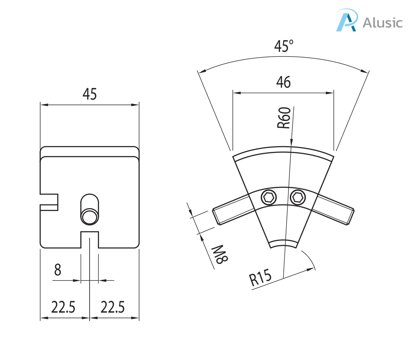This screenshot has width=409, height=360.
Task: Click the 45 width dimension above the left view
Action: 90,94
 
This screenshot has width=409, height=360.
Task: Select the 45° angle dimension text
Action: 284,46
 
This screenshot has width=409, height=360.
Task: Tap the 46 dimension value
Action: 283,82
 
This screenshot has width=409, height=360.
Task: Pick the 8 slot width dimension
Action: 58,270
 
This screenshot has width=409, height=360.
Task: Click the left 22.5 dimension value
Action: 63,307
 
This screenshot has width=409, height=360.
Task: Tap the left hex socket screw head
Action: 268,197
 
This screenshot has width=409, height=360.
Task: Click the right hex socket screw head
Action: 297,197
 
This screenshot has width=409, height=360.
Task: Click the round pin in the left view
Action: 89,217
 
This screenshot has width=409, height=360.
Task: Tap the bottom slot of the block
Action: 90,240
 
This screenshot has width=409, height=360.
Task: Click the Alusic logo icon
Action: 347,21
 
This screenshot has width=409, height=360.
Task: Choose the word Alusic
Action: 382,23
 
